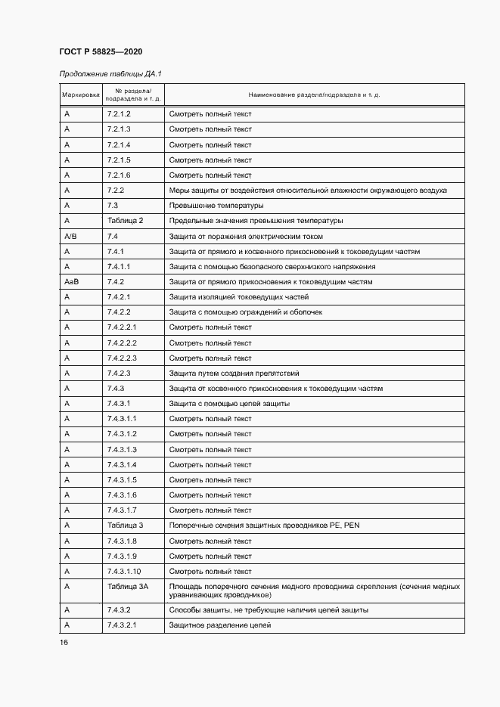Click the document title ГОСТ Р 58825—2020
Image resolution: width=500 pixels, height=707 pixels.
[101, 51]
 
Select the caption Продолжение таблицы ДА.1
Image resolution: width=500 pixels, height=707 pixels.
[111, 73]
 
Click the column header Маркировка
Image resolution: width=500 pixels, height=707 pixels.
[80, 95]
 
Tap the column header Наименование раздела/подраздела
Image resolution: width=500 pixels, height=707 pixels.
[314, 95]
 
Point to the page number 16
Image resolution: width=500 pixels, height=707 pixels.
[64, 642]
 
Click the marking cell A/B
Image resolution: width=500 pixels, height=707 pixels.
[70, 236]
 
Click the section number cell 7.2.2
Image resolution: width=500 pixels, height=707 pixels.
[116, 191]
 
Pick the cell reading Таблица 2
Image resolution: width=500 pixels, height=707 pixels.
[125, 221]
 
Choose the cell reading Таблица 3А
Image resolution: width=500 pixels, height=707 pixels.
[127, 587]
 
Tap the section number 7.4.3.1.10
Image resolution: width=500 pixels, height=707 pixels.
[124, 572]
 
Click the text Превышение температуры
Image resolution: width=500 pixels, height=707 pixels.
[216, 206]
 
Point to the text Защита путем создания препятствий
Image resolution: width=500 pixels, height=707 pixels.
[234, 374]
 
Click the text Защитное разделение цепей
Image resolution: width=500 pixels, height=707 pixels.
[219, 625]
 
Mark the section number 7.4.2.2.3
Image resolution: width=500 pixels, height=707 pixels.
[122, 358]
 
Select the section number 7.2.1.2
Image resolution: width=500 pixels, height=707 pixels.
[120, 114]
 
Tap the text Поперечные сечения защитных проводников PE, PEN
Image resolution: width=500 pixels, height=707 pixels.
[263, 526]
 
